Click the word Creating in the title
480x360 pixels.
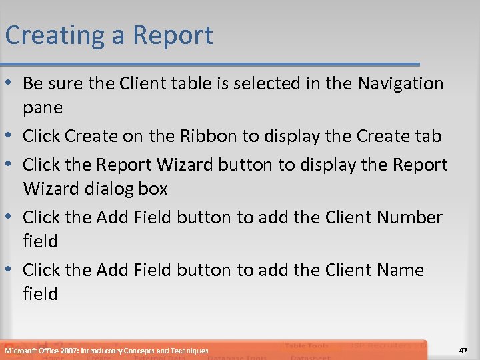[x=55, y=35]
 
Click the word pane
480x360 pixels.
[x=43, y=107]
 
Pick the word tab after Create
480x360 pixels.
[x=427, y=137]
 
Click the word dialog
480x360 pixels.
[x=111, y=189]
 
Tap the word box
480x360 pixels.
[x=154, y=189]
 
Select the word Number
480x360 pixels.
[x=407, y=217]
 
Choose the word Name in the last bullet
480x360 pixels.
[x=400, y=270]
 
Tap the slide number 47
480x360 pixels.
[x=464, y=350]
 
